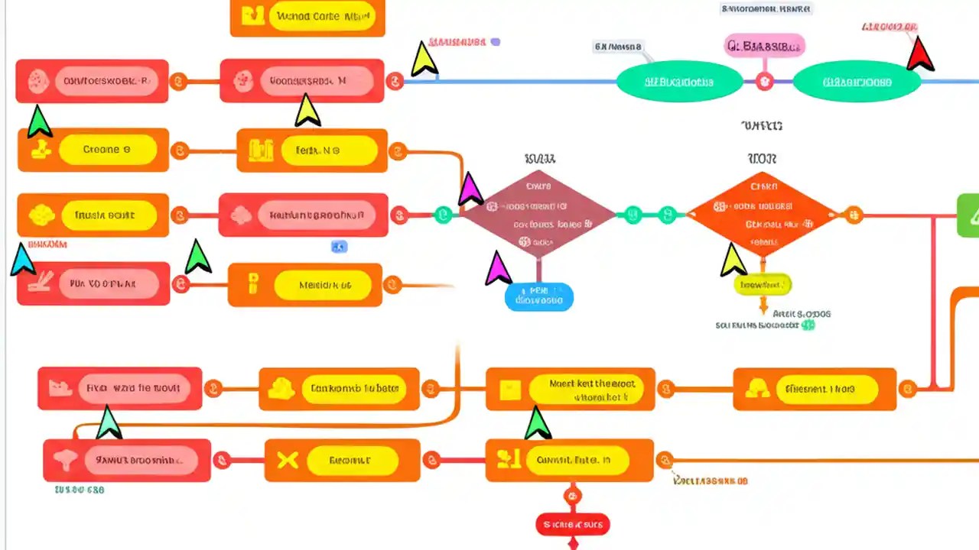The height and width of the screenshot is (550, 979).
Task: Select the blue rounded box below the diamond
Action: (538, 296)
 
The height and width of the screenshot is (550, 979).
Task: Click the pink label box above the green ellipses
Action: (764, 46)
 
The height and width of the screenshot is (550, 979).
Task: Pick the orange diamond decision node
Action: (763, 215)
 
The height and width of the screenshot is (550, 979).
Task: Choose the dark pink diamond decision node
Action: (538, 215)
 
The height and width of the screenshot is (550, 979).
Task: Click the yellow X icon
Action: (287, 460)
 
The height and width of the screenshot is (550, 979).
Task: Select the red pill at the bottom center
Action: (572, 524)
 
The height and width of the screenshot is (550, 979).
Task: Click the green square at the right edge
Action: (968, 215)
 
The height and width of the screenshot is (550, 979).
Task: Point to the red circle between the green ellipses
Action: (764, 82)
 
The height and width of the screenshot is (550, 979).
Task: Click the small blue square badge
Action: (339, 246)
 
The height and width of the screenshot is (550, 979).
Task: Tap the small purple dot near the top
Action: (495, 42)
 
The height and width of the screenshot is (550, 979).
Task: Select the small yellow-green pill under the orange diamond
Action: (762, 285)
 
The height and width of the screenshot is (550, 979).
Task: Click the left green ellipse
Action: (678, 82)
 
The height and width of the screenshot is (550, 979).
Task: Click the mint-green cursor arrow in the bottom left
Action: (108, 422)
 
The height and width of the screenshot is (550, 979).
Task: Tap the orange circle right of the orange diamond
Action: (854, 215)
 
